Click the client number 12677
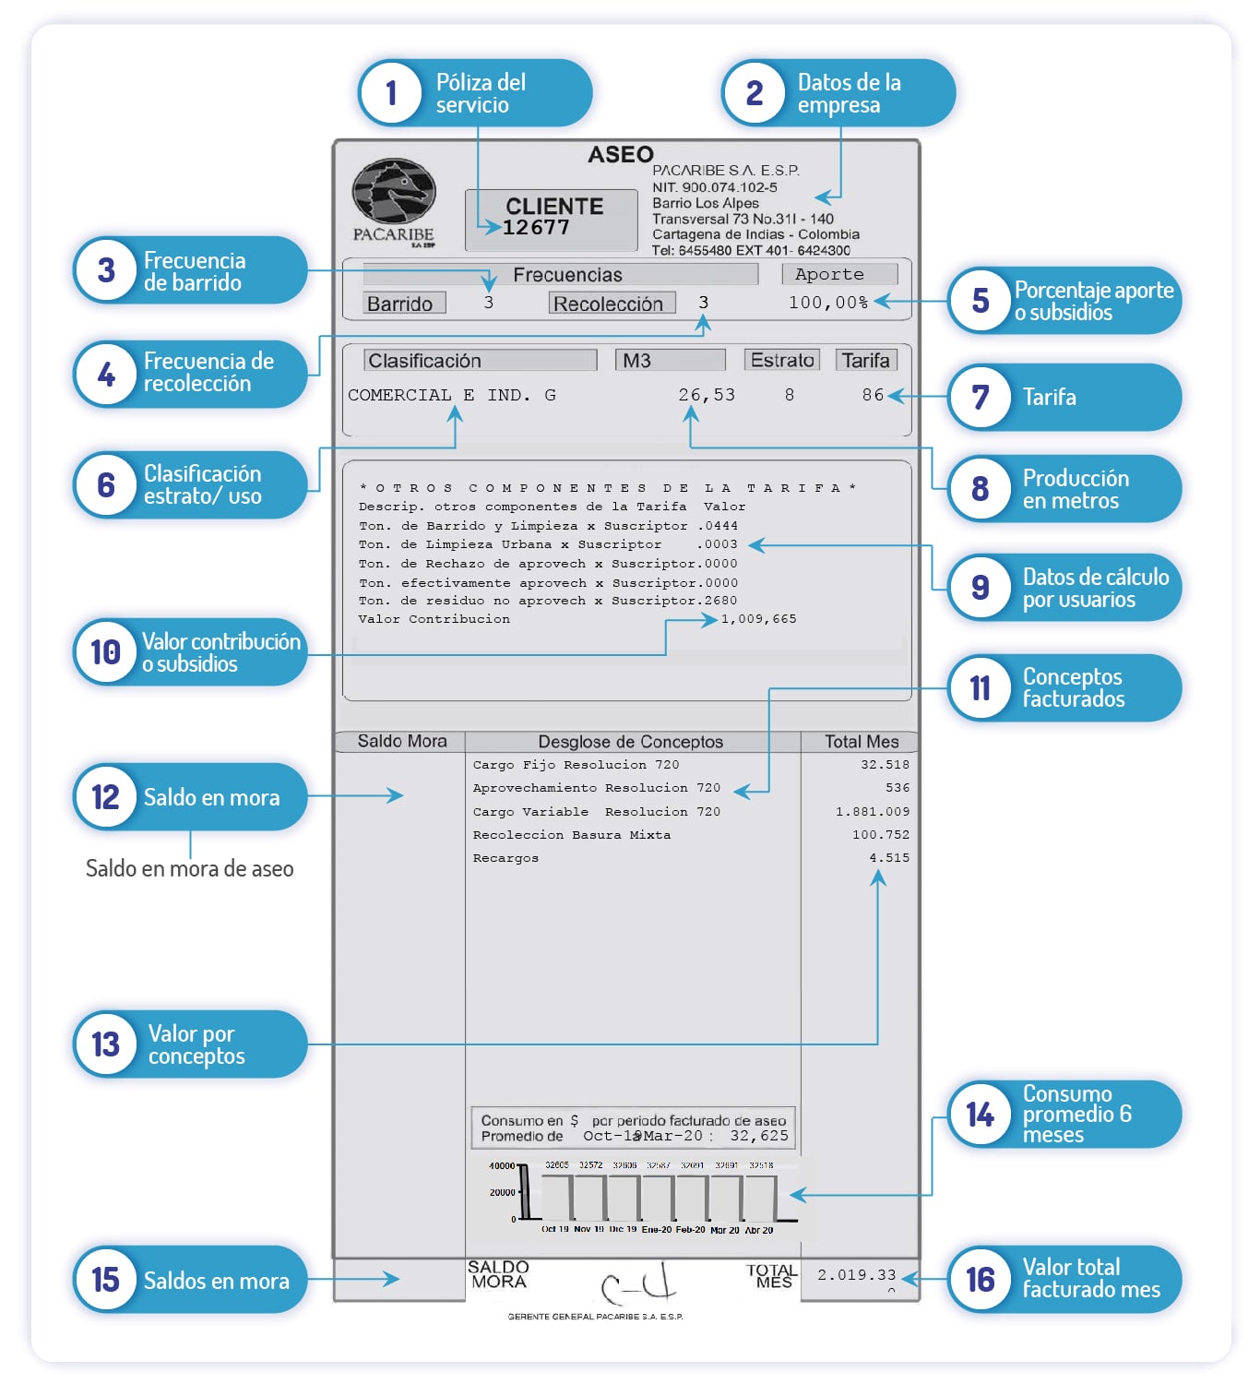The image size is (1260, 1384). [536, 228]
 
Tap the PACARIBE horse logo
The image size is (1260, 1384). [393, 193]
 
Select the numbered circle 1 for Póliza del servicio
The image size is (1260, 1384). [391, 92]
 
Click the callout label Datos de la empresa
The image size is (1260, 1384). [849, 93]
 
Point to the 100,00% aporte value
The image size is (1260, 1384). [827, 303]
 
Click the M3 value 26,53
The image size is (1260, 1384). [707, 395]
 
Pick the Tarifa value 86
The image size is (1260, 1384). [873, 395]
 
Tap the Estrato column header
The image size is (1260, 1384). [781, 360]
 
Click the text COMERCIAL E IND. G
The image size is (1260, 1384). [451, 395]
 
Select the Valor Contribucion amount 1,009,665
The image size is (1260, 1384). [758, 619]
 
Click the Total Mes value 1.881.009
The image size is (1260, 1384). [872, 812]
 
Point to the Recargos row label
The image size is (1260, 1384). [505, 858]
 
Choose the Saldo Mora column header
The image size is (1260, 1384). [401, 741]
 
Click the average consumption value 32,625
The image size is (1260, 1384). [759, 1136]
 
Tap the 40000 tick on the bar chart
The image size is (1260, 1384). [501, 1166]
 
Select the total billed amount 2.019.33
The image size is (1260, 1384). [856, 1275]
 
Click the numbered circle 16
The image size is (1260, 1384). [980, 1280]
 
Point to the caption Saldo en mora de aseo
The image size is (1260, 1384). [189, 868]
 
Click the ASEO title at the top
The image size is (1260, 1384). [621, 154]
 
